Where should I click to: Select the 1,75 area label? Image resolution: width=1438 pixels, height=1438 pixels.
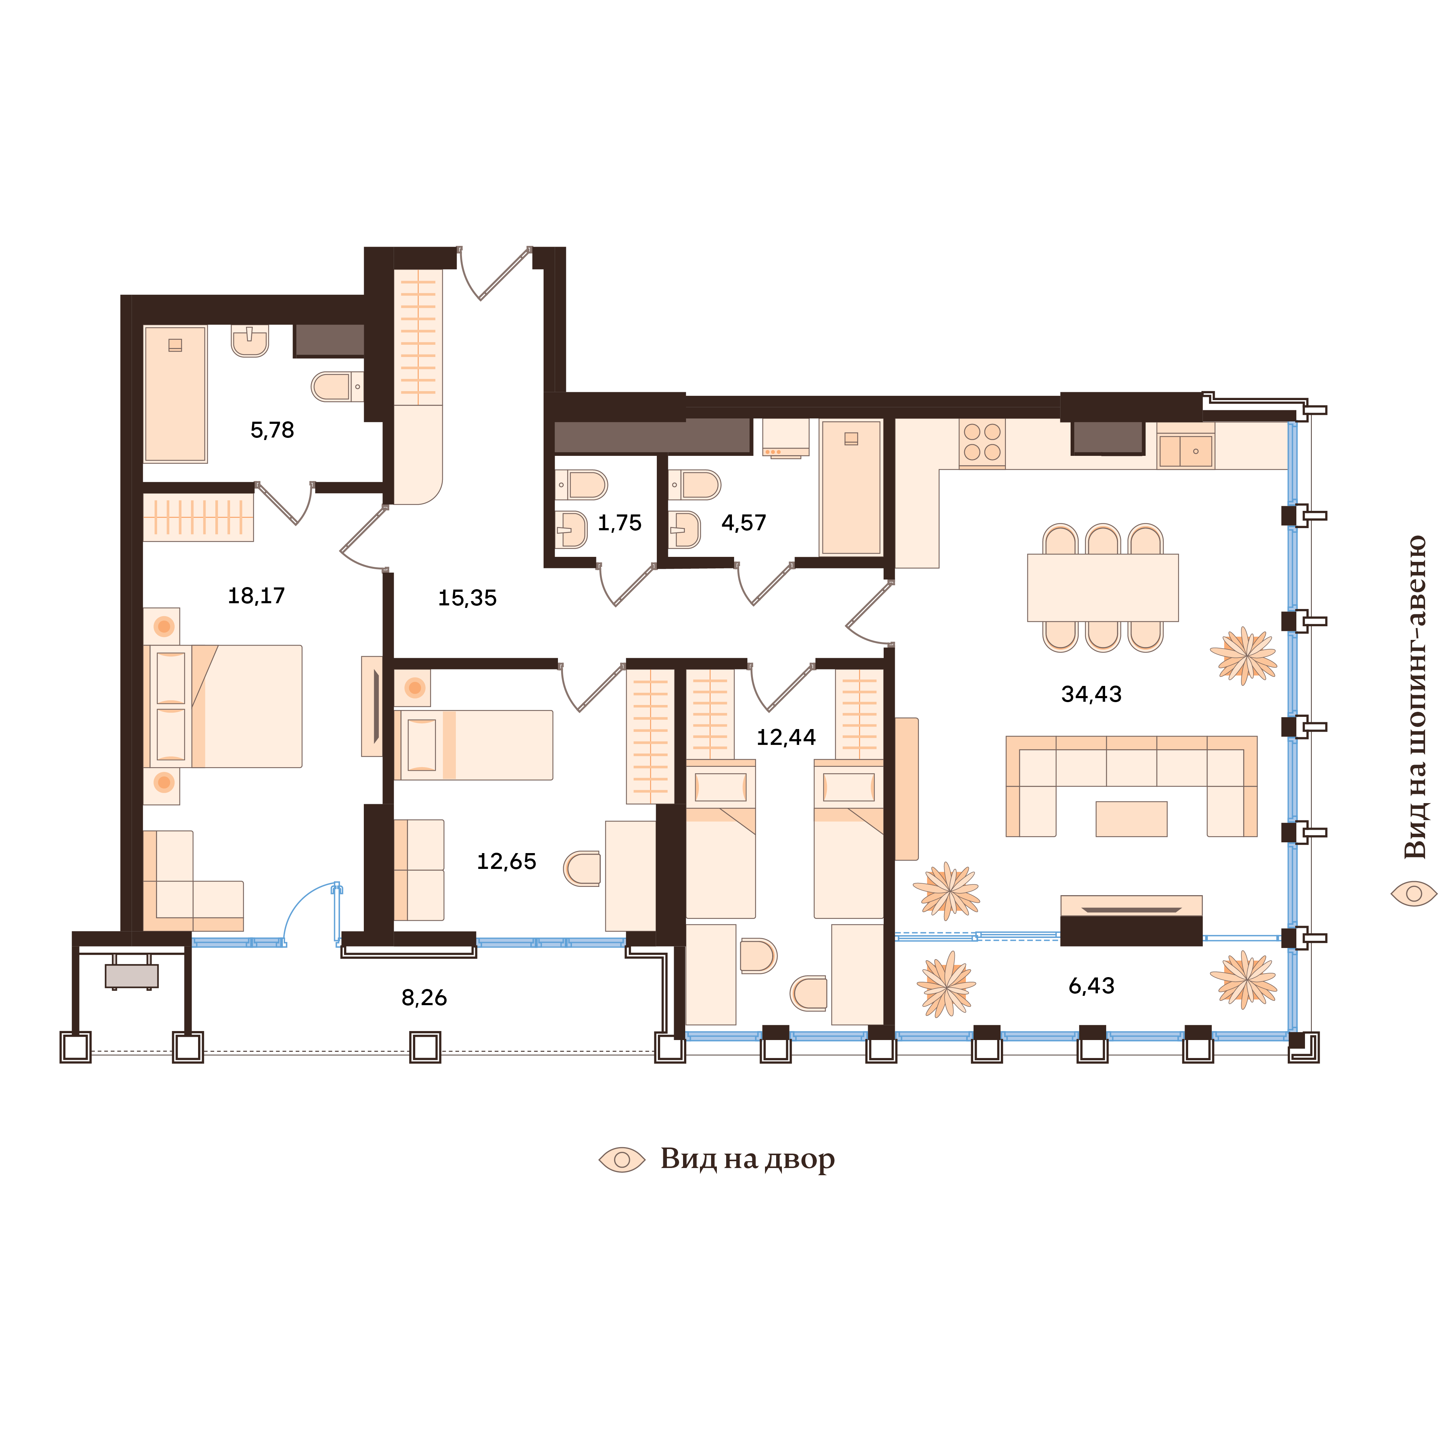619,523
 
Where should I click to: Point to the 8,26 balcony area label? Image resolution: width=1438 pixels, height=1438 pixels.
424,997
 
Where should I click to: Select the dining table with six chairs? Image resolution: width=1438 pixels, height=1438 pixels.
1102,587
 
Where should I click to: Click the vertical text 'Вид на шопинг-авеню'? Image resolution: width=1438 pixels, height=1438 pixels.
1414,696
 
